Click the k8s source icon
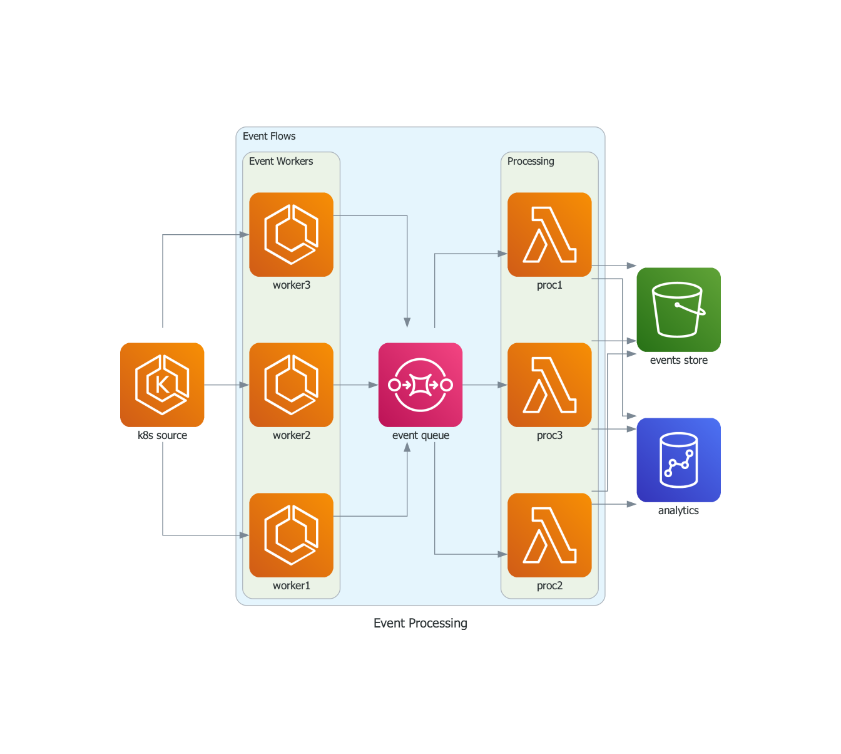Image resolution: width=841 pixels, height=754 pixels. coord(162,385)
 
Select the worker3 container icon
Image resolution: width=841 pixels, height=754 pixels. coord(291,234)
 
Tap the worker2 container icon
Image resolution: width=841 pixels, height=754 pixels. coord(291,385)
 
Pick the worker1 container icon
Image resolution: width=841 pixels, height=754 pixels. coord(291,535)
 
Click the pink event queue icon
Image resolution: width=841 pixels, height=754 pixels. coord(421,385)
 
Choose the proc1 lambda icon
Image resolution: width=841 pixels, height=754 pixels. coord(549,234)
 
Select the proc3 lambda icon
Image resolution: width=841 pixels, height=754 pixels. coord(549,385)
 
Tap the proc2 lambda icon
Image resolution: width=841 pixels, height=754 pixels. coord(549,535)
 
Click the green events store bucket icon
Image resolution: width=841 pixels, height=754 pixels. coord(678,309)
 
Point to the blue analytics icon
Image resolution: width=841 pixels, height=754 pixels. coord(678,460)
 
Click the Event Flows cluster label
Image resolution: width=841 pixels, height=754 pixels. coord(269,137)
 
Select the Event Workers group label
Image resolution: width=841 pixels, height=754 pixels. coord(281,162)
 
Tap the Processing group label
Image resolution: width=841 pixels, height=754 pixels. coord(531,162)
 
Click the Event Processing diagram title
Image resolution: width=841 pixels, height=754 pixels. coord(421,623)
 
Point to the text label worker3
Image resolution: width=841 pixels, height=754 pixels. coord(292,285)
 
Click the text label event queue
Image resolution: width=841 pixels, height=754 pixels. coord(421,435)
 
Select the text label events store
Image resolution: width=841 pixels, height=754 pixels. coord(679,360)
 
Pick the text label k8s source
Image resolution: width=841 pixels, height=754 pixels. coord(162,435)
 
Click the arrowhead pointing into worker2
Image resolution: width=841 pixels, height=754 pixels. coord(245,385)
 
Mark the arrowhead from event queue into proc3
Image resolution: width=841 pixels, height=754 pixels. coord(502,385)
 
